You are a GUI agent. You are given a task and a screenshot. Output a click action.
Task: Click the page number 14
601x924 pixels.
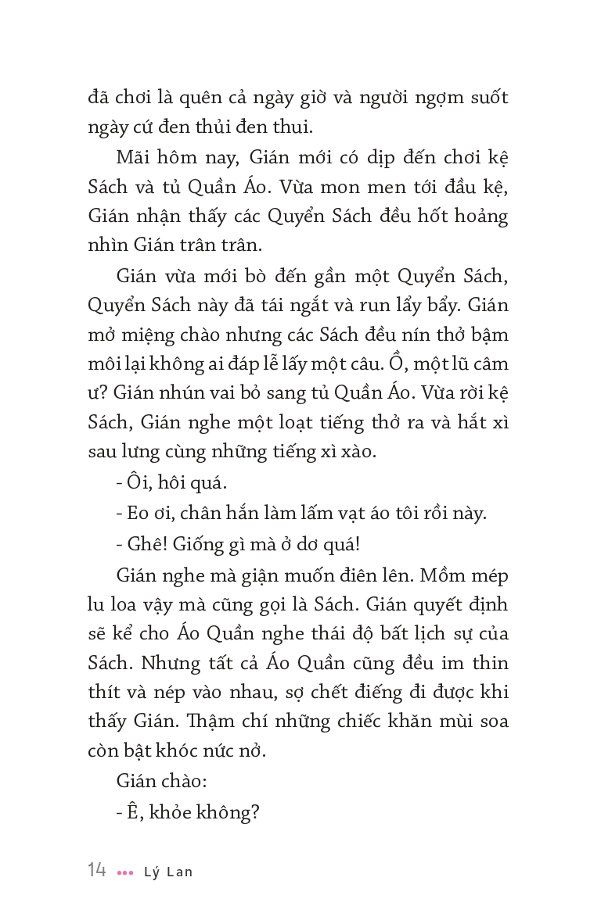(x=97, y=870)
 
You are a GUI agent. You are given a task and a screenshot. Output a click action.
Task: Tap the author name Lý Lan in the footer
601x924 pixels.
(x=167, y=872)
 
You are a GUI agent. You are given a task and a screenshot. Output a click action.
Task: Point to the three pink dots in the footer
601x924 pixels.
(x=124, y=872)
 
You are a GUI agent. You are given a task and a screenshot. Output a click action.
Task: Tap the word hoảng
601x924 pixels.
(x=480, y=215)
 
